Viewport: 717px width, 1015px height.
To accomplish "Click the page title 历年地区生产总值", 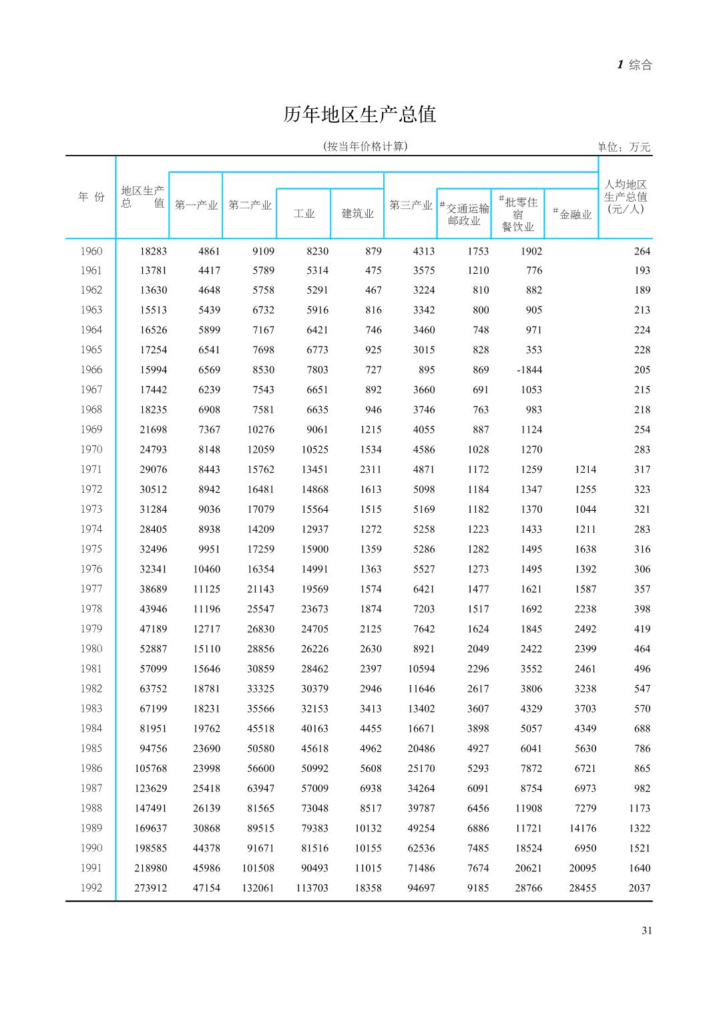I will pos(359,115).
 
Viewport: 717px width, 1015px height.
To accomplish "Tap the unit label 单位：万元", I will pos(624,147).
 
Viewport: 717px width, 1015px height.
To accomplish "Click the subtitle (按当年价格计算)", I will pos(365,146).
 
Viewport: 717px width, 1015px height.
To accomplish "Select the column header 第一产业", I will pos(196,205).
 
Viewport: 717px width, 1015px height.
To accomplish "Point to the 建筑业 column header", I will pos(358,214).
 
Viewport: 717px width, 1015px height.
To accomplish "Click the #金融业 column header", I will pos(572,214).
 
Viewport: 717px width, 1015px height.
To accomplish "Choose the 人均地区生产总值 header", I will pos(625,196).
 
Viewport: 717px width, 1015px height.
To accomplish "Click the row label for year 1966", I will pos(91,370).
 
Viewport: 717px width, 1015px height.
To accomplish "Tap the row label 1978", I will pos(91,609).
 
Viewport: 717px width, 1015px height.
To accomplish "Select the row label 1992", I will pos(91,888).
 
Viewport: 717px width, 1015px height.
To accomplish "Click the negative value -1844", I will pos(529,370).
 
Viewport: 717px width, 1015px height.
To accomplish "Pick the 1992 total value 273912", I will pos(151,888).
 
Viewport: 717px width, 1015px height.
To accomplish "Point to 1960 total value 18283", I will pos(154,252).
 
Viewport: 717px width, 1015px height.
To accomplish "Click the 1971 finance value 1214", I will pos(585,469).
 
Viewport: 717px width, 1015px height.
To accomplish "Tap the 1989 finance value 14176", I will pos(582,828).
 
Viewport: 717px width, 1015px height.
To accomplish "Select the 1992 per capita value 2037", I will pos(639,888).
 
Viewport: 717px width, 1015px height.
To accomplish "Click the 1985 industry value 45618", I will pos(314,749).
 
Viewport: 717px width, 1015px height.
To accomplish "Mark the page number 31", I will pos(646,931).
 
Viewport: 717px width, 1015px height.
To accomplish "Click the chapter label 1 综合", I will pos(634,65).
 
